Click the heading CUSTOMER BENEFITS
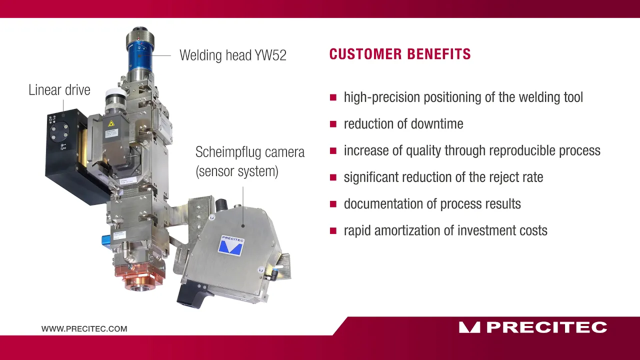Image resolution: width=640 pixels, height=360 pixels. click(399, 54)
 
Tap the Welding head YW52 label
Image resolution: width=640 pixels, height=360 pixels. click(233, 55)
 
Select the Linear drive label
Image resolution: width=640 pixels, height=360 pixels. click(59, 90)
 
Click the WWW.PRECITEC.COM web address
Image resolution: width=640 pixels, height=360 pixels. click(84, 329)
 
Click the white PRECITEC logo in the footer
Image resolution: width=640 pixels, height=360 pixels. click(533, 327)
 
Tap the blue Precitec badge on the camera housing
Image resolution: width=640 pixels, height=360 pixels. click(231, 245)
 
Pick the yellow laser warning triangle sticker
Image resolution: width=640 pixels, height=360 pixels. click(111, 123)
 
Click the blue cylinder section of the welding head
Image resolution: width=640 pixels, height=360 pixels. click(140, 56)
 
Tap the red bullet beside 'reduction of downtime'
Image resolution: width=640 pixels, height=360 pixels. click(333, 124)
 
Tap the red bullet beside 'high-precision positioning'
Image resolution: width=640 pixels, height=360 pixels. click(333, 97)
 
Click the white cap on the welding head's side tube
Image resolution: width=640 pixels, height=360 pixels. click(114, 94)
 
